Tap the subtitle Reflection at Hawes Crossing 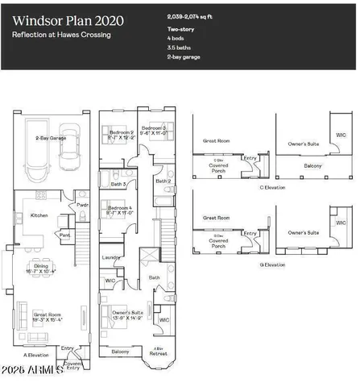click(x=61, y=35)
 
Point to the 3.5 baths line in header click(x=180, y=48)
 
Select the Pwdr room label click(x=82, y=205)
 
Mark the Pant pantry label click(x=65, y=235)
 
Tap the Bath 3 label click(x=118, y=184)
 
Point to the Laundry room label click(x=111, y=258)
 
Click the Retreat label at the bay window click(x=158, y=352)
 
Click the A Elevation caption click(x=36, y=353)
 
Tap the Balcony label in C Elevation click(x=312, y=166)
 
